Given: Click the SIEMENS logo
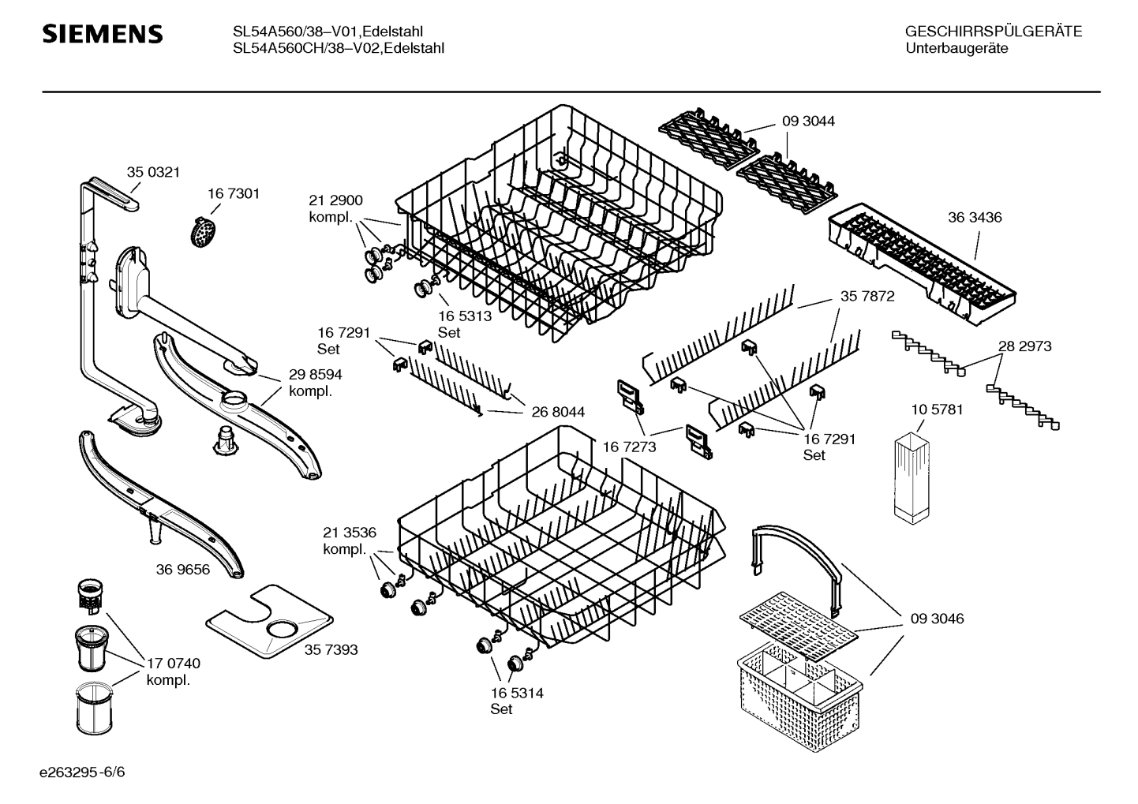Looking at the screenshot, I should [x=102, y=34].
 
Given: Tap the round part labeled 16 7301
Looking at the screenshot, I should [x=204, y=232].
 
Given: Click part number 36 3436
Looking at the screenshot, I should [x=975, y=217].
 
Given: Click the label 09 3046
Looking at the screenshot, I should [x=937, y=619].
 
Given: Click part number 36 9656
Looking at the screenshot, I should [x=183, y=569].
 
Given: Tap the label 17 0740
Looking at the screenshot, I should [x=174, y=664].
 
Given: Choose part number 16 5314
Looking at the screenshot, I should [x=517, y=693].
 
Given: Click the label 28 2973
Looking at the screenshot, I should [x=1024, y=346].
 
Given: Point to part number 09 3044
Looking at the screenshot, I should [x=808, y=121].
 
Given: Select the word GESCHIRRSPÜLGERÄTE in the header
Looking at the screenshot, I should [x=993, y=32].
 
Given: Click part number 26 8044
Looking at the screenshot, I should [x=558, y=412].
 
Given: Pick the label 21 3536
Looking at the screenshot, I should [x=350, y=532].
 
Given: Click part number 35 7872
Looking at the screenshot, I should [x=867, y=296].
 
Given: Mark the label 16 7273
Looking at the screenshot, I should [x=629, y=447].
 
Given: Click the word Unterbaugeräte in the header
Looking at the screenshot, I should [x=956, y=48].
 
